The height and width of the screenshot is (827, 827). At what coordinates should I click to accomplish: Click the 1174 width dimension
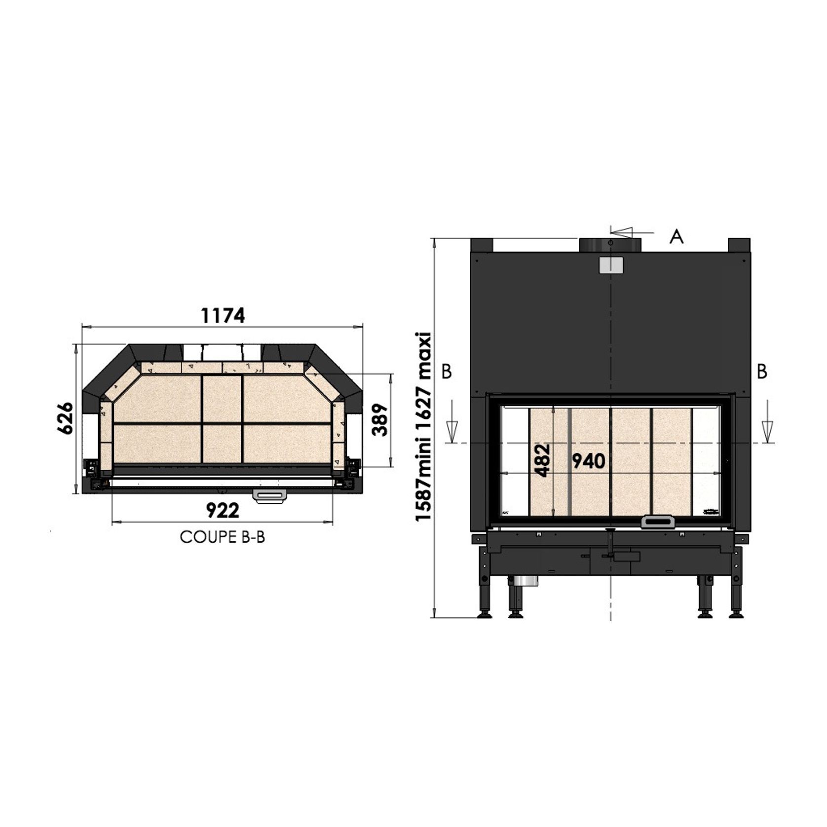[x=223, y=316]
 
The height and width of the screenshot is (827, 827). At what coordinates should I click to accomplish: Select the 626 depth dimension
[x=66, y=418]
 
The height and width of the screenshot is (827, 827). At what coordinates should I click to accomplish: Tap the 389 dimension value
[x=379, y=420]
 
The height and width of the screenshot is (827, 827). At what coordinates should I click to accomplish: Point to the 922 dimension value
[x=223, y=511]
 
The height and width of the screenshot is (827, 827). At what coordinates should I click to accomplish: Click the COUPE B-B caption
[x=223, y=537]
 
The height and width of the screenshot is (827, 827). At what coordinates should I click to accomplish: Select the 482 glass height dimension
[x=542, y=460]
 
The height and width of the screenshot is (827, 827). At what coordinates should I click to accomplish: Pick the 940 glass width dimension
[x=588, y=461]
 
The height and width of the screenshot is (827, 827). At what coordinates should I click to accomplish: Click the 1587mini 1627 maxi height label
[x=423, y=427]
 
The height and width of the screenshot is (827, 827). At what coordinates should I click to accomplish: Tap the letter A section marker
[x=677, y=237]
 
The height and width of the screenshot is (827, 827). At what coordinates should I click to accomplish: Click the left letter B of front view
[x=446, y=372]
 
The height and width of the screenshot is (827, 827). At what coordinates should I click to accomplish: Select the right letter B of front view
[x=762, y=372]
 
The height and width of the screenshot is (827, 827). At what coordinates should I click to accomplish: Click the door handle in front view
[x=658, y=522]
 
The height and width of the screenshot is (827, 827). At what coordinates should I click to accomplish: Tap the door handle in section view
[x=269, y=495]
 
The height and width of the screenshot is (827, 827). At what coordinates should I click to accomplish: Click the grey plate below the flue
[x=611, y=264]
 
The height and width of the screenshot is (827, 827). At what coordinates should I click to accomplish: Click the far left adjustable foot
[x=484, y=614]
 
